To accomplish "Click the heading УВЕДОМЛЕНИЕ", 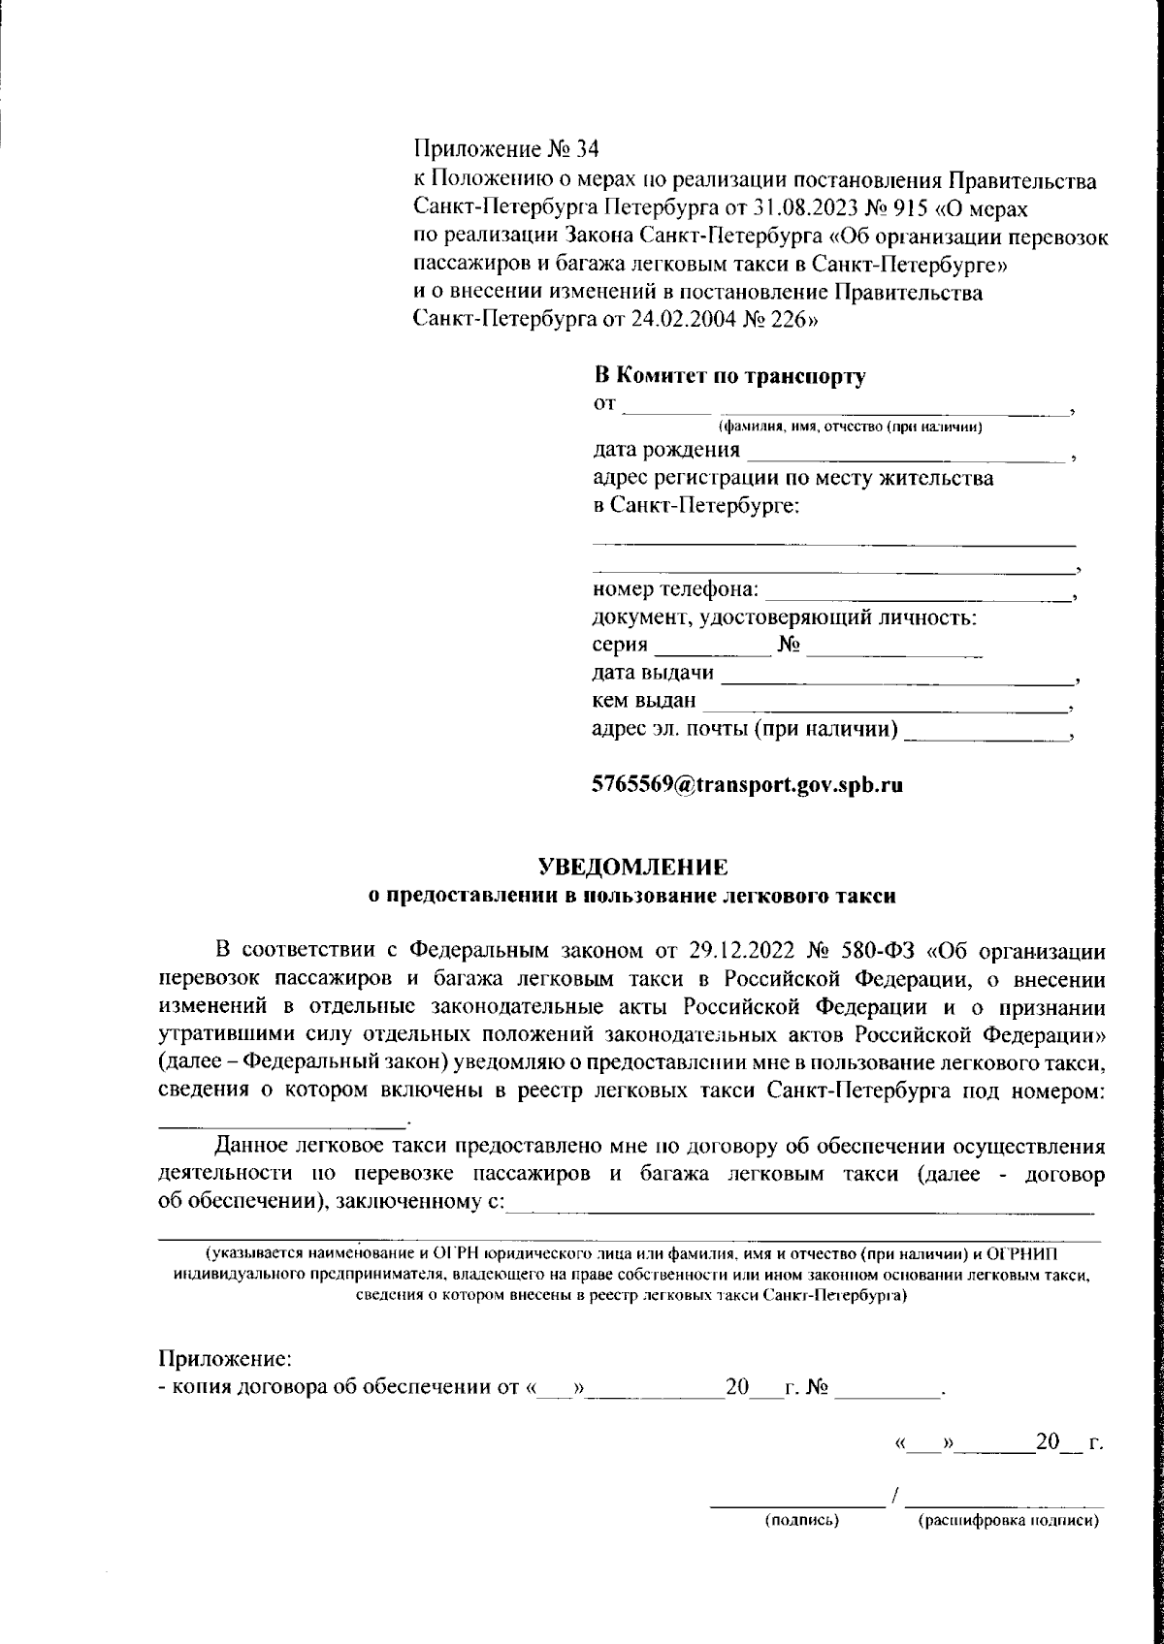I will [632, 866].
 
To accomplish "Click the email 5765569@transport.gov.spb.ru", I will [748, 786].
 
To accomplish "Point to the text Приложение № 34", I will [506, 149].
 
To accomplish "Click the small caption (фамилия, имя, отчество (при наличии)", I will [851, 427].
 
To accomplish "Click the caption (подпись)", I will [802, 1521].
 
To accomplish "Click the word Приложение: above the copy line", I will [225, 1360].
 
